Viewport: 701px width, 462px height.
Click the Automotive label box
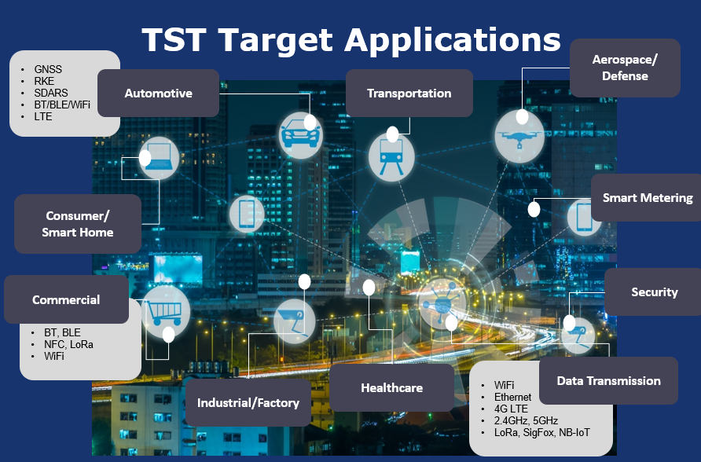(158, 93)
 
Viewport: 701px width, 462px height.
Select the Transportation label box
(409, 93)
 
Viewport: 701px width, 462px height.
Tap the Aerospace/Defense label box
(625, 68)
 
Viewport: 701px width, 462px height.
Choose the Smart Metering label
(647, 197)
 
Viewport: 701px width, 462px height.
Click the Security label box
(654, 291)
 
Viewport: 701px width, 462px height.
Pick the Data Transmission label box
(608, 381)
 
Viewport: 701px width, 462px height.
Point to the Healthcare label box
(391, 387)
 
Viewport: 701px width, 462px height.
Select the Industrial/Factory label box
(248, 402)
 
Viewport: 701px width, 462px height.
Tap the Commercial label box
(66, 299)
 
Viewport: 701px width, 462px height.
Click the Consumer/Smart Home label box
(78, 224)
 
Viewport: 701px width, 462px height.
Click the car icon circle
(300, 135)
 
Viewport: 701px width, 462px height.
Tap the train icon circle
(391, 157)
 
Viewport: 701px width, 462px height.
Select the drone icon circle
(519, 136)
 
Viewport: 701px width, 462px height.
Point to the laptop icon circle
(159, 158)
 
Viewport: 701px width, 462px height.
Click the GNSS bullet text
(48, 69)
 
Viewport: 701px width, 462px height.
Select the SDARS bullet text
(51, 93)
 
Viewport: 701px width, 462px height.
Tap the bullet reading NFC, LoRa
(68, 344)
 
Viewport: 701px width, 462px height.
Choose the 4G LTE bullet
(511, 409)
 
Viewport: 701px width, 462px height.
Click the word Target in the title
(277, 40)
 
